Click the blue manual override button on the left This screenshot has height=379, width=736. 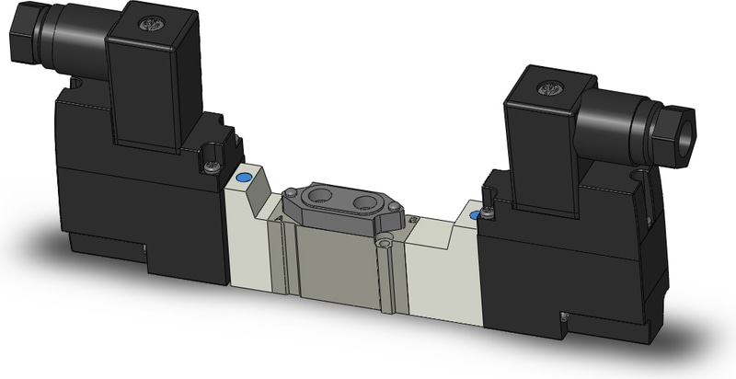(x=244, y=177)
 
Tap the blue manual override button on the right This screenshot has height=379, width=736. (x=475, y=214)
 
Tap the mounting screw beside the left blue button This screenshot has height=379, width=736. (x=213, y=165)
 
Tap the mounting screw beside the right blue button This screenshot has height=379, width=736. (x=489, y=213)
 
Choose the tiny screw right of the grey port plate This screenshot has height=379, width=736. (x=415, y=219)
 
